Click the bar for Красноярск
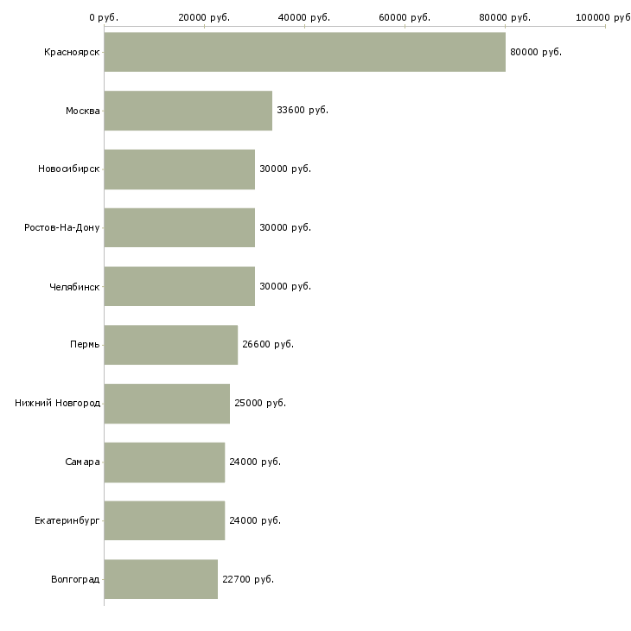click(x=304, y=52)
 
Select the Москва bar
click(x=188, y=111)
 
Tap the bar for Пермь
click(x=170, y=345)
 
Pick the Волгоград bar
click(x=161, y=579)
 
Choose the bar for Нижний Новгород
click(x=167, y=404)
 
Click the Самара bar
click(x=164, y=462)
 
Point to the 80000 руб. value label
click(x=536, y=53)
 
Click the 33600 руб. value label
click(x=303, y=111)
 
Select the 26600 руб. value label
click(x=268, y=345)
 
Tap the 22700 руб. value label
click(x=248, y=579)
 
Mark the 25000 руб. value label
click(x=260, y=403)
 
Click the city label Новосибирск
click(x=69, y=169)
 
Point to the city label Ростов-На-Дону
click(x=62, y=228)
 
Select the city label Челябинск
click(x=74, y=287)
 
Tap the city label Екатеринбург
click(x=67, y=521)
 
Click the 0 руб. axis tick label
click(x=104, y=17)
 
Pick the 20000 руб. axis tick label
click(x=204, y=17)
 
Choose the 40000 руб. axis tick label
click(x=304, y=17)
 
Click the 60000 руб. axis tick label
click(x=405, y=17)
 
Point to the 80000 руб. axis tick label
click(x=505, y=17)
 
